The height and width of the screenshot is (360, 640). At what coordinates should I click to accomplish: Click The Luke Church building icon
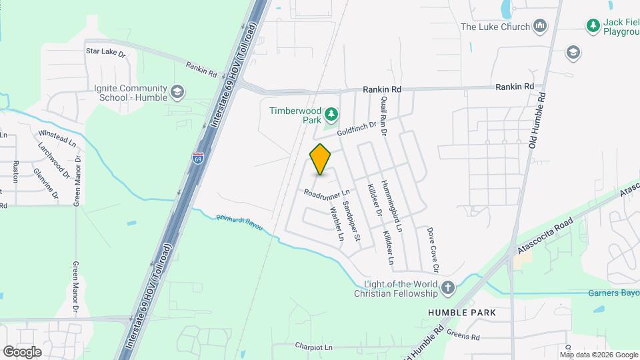coord(541,27)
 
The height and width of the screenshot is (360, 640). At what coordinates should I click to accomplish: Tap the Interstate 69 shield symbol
coord(198,158)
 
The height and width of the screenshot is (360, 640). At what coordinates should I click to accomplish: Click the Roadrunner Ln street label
coord(327,193)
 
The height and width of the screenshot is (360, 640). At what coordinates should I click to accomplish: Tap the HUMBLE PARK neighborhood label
coord(467,312)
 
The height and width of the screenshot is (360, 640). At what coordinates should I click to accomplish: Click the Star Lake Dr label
coord(106,51)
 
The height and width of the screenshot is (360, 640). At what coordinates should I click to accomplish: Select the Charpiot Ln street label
coord(313,347)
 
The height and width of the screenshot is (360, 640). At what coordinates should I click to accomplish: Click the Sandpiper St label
coord(351,219)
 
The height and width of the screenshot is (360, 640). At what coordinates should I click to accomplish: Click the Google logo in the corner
coord(22,351)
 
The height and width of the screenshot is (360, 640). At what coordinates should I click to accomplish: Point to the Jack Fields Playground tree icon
coord(593,25)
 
